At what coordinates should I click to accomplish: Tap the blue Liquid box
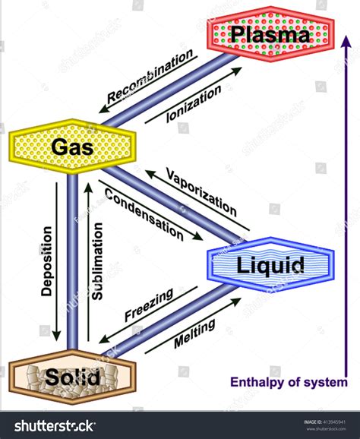pyautogui.click(x=270, y=265)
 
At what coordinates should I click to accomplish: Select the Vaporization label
pyautogui.click(x=201, y=191)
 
